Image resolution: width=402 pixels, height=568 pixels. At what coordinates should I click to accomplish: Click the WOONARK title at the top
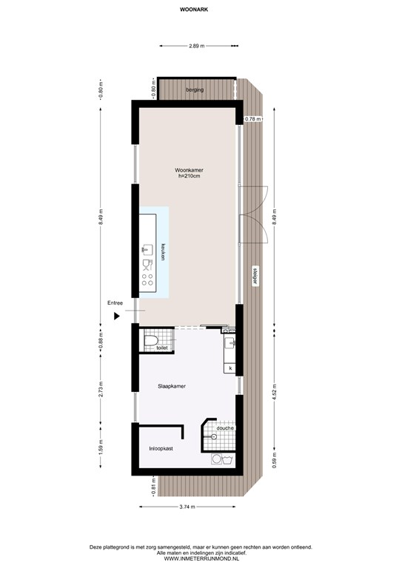[194, 10]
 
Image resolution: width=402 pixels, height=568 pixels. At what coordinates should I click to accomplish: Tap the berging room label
[195, 89]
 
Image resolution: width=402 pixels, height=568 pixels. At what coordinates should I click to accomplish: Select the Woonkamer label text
[189, 170]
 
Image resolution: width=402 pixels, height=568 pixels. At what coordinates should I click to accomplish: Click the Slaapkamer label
[172, 386]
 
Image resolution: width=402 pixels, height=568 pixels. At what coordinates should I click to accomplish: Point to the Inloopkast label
[161, 448]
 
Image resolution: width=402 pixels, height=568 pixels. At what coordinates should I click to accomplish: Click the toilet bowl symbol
[151, 341]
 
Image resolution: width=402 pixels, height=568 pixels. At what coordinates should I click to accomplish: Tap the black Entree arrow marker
[117, 317]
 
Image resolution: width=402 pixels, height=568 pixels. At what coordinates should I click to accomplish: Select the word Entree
[115, 302]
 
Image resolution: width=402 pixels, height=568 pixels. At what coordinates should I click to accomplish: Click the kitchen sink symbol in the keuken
[147, 249]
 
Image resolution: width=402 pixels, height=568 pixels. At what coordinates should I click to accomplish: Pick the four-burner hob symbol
[147, 280]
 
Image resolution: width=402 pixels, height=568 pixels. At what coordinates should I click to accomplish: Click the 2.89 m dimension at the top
[197, 46]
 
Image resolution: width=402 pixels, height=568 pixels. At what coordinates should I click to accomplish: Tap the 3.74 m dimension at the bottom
[187, 507]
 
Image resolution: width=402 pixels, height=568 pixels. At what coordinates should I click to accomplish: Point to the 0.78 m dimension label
[253, 119]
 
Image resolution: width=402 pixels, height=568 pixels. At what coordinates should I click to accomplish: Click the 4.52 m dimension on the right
[274, 390]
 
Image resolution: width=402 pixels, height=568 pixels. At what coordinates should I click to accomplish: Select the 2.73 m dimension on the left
[101, 389]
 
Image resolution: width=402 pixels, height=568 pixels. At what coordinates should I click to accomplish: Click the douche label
[225, 428]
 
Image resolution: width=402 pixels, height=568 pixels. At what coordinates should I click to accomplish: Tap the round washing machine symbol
[217, 459]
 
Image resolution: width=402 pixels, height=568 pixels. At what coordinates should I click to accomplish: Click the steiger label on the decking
[255, 277]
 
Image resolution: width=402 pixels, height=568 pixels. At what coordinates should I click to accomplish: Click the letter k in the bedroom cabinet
[230, 368]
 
